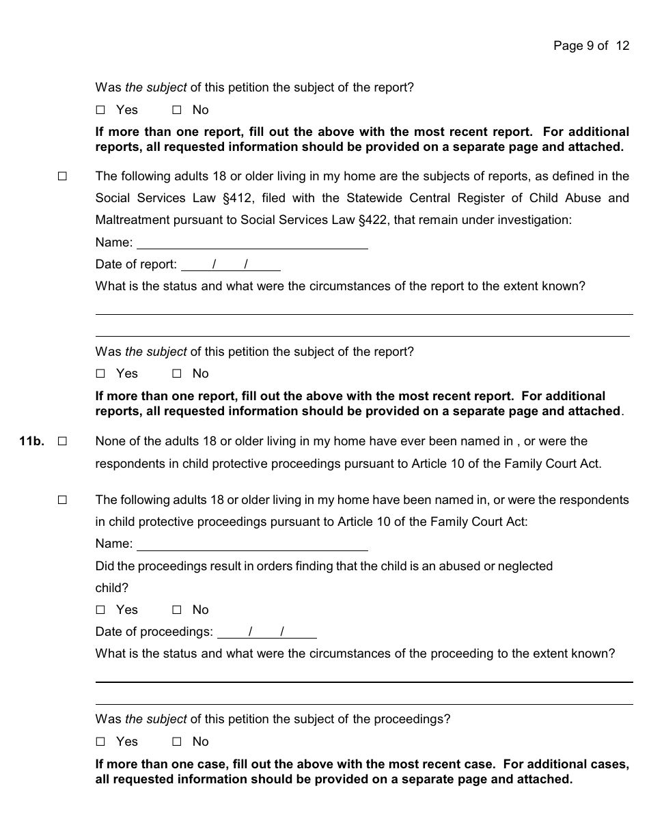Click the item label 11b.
pos(31,441)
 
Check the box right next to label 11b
pos(62,441)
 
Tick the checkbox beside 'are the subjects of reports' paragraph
pos(62,176)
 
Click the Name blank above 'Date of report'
pos(252,242)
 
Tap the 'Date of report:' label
pos(136,264)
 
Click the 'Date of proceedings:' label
pos(154,632)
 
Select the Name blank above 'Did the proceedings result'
pos(252,544)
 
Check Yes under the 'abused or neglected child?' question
pos(101,610)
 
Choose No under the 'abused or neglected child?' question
pos(177,610)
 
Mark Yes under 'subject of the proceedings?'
pos(101,742)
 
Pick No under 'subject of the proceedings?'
pos(177,742)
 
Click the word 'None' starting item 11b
pos(111,441)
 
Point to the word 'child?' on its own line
pos(112,588)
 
